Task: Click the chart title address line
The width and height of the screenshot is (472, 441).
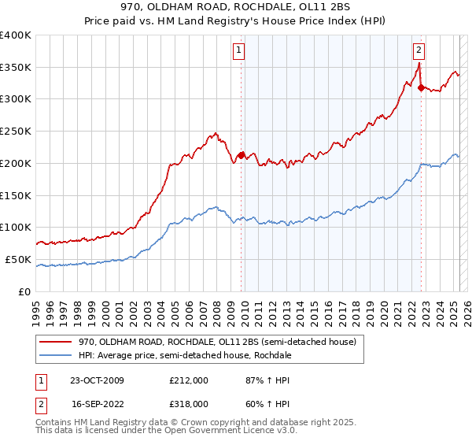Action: (236, 6)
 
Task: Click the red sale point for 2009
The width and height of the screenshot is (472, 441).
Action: (242, 155)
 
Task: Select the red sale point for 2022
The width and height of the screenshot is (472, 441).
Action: (421, 87)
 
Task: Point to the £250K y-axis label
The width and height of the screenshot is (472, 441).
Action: (16, 132)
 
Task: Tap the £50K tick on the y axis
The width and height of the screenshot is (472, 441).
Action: (19, 259)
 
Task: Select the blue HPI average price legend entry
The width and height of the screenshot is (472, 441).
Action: (185, 355)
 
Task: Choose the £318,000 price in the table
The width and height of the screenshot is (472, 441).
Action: (189, 403)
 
